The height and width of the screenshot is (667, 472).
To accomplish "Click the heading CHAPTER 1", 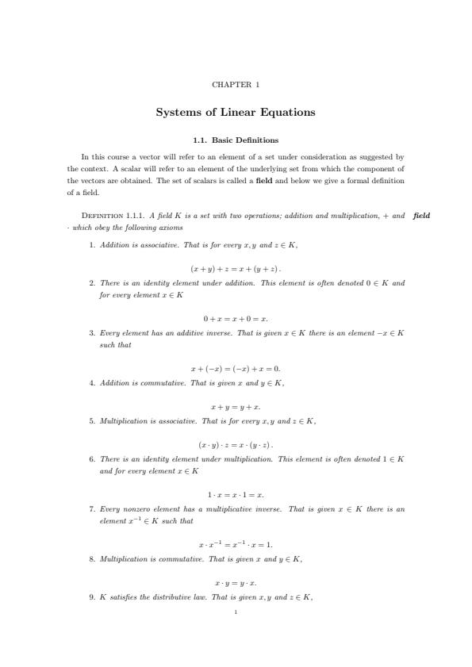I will pos(236,84).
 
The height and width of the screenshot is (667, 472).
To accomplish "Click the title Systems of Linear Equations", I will pos(236,112).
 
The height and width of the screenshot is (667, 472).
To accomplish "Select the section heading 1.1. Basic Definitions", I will pos(236,140).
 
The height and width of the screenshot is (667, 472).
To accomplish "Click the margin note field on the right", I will pos(421,215).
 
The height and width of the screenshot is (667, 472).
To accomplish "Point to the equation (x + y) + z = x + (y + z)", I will pos(236,269).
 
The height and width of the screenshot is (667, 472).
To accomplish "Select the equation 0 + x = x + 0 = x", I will pos(236,319).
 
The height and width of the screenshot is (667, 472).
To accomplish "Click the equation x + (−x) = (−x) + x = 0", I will pos(236,369).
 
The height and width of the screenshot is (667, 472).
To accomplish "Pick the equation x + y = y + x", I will pos(236,407).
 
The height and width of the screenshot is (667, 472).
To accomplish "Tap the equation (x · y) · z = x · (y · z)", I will pos(236,445).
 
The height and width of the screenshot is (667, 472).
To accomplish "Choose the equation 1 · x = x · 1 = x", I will pos(236,495).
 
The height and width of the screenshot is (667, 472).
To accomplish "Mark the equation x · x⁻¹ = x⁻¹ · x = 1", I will pos(236,545).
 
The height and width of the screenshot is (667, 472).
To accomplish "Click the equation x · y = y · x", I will pos(236,583).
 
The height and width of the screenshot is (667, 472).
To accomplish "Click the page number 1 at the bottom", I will pos(236,612).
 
